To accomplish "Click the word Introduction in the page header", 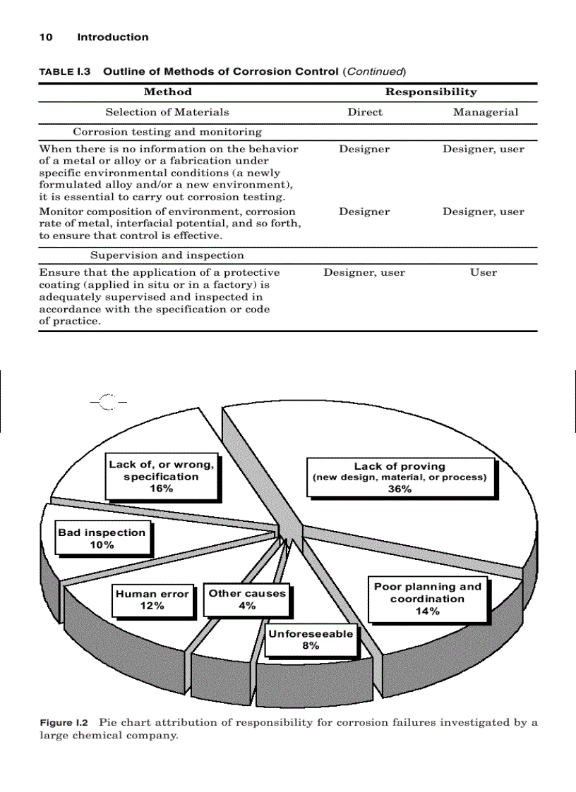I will coord(113,37).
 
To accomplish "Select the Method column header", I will coord(168,92).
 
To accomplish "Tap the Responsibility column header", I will coord(431,92).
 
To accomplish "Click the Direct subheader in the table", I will coord(365,111).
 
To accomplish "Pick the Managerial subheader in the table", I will coord(485,111).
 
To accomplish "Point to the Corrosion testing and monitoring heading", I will coord(167,132).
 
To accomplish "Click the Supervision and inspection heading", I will coord(167,255).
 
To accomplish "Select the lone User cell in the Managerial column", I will coord(484,272).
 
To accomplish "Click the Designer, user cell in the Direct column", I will coord(364,272).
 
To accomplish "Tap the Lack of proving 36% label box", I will coord(400,477).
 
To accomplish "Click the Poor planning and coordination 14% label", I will coord(428,599).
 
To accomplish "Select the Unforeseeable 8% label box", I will coord(310,640).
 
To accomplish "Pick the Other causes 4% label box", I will coord(247,599).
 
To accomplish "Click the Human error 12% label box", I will coord(152,600).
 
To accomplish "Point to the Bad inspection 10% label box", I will coord(102,539).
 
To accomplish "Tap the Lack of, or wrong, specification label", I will coord(162,477).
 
